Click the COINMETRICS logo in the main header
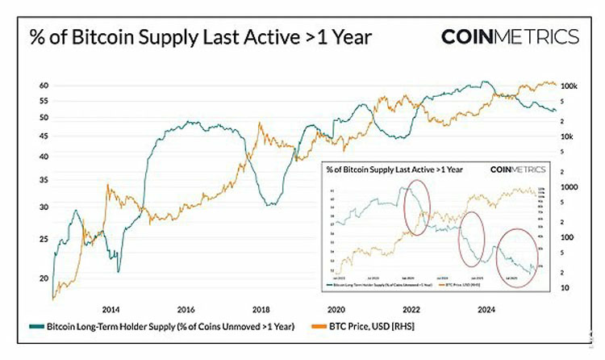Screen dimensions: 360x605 pyautogui.click(x=510, y=37)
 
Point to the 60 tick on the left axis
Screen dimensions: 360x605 pyautogui.click(x=44, y=86)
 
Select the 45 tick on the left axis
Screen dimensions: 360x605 pyautogui.click(x=44, y=156)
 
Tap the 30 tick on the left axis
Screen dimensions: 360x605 pyautogui.click(x=44, y=207)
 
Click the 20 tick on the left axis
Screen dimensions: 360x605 pyautogui.click(x=44, y=278)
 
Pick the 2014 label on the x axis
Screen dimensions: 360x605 pyautogui.click(x=111, y=309)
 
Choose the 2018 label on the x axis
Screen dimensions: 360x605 pyautogui.click(x=261, y=309)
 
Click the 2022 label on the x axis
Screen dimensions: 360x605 pyautogui.click(x=411, y=309)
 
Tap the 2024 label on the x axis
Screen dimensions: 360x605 pyautogui.click(x=486, y=309)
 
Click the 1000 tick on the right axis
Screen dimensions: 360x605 pyautogui.click(x=568, y=186)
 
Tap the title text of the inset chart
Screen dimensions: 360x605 pyautogui.click(x=393, y=170)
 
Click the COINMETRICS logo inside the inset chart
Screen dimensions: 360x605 pyautogui.click(x=517, y=170)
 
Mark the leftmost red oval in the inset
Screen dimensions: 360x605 pyautogui.click(x=416, y=208)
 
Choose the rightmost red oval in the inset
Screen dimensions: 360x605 pyautogui.click(x=516, y=254)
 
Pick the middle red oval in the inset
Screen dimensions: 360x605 pyautogui.click(x=471, y=239)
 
